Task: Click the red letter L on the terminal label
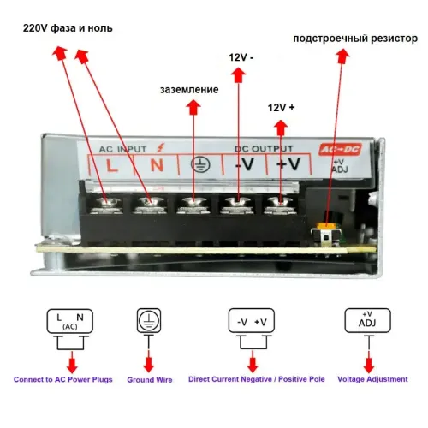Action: (111, 165)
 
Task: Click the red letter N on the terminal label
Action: (157, 165)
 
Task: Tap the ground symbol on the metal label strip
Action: (200, 164)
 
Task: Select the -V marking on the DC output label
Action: (245, 164)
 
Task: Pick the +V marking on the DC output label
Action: (288, 163)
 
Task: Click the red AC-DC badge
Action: (340, 149)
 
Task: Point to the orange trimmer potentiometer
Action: (326, 225)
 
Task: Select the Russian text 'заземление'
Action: (189, 90)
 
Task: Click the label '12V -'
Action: (241, 57)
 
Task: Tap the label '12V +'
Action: (281, 108)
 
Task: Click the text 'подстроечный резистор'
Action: (355, 39)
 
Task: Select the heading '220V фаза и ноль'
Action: (68, 28)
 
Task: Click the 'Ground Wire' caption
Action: (150, 380)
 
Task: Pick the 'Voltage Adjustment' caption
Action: (372, 379)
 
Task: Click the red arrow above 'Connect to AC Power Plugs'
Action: (72, 362)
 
